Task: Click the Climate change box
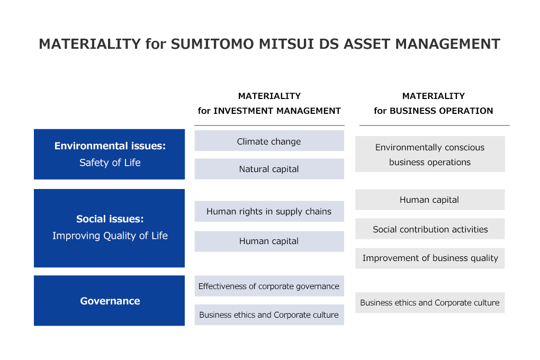click(x=269, y=141)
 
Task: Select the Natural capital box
click(x=269, y=169)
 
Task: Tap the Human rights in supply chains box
click(x=269, y=211)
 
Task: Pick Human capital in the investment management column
click(x=269, y=241)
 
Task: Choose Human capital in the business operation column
click(x=429, y=200)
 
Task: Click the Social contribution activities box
click(x=430, y=229)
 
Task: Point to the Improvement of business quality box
click(x=430, y=258)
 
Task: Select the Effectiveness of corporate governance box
click(x=269, y=286)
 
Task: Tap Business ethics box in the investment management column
click(x=269, y=314)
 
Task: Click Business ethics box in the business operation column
click(x=430, y=302)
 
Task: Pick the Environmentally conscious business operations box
click(x=430, y=154)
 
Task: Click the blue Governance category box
click(x=110, y=301)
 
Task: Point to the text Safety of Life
click(x=110, y=163)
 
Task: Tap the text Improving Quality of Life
click(x=110, y=236)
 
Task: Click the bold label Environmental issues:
click(x=110, y=146)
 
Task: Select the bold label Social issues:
click(x=110, y=219)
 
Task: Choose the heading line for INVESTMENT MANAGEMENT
click(x=269, y=111)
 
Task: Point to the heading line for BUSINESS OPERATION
click(x=433, y=111)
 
